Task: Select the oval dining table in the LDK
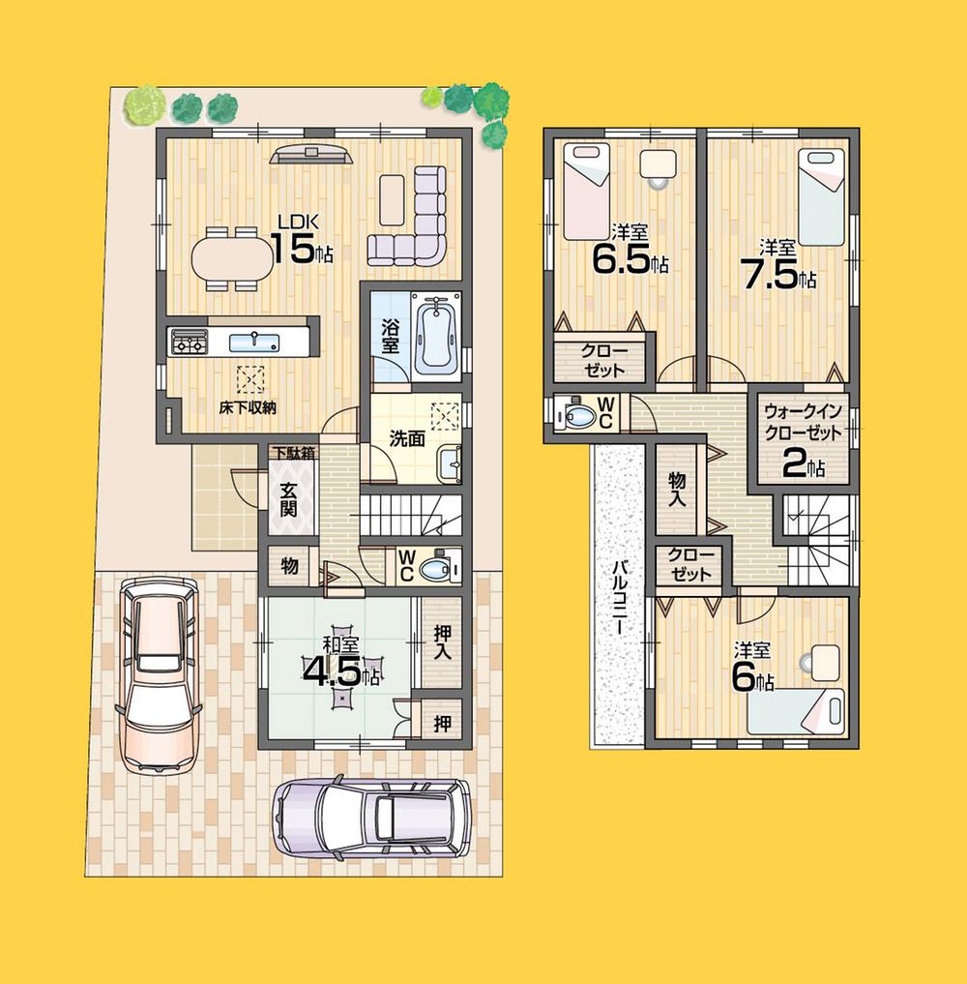232,259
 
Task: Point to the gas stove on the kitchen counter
190,342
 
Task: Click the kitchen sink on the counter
254,341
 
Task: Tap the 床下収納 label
246,407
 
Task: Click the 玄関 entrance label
288,498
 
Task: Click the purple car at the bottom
372,818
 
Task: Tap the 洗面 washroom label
406,437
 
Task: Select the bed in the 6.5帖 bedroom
586,191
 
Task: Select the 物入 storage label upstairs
676,488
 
